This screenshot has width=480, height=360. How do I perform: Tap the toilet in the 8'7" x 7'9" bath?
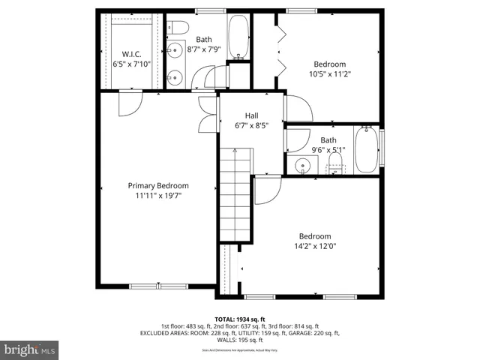coord(178,28)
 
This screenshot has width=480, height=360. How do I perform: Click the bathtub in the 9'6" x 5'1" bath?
coord(367,150)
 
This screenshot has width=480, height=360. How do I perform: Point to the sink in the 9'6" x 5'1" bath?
coord(304,166)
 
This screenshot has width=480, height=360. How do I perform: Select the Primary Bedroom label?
coord(157,185)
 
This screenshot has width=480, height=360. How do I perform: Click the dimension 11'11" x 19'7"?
coord(157,195)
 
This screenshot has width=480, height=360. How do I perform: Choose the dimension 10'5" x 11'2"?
coord(329,74)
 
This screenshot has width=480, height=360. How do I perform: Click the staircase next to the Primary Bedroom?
coord(235,195)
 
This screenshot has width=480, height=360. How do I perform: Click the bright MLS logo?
coord(30,349)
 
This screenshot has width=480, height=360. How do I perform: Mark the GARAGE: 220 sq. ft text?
coord(314,333)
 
